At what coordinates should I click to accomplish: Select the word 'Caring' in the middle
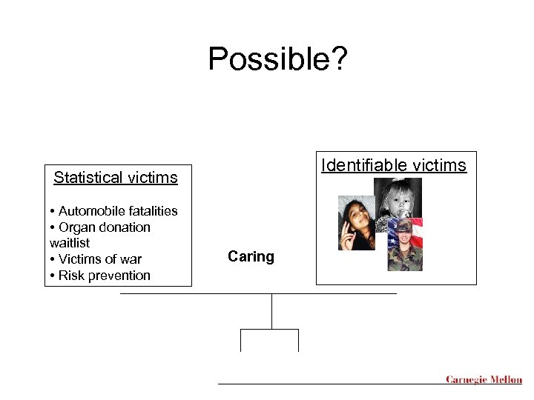251,257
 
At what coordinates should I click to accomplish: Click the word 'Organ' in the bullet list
76,227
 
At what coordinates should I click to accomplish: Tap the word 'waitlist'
70,243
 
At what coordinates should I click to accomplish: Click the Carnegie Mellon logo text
484,380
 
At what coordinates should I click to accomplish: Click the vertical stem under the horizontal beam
272,311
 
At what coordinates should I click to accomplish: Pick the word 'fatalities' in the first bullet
149,211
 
